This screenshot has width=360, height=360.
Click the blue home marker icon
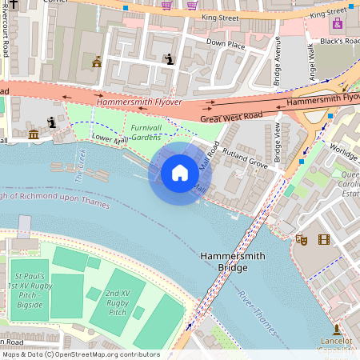(x=180, y=173)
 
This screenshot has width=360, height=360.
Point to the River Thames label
(x=256, y=312)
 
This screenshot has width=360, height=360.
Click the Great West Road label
(x=231, y=118)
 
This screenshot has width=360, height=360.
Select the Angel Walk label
(x=312, y=61)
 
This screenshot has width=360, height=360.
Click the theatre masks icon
(x=302, y=239)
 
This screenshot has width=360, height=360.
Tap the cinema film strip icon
(x=323, y=239)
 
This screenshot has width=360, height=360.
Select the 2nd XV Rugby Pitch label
(x=117, y=302)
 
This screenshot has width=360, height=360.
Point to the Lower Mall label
(x=110, y=141)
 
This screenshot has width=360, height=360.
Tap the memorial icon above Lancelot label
(x=337, y=329)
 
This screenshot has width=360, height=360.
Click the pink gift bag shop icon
(x=337, y=22)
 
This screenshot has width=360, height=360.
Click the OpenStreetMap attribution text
(x=80, y=354)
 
